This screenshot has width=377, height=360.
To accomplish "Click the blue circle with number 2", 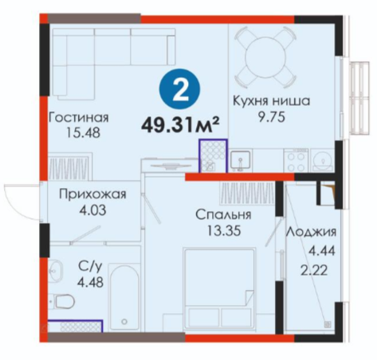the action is [x=179, y=89].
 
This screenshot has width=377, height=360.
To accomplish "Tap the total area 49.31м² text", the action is [x=180, y=125].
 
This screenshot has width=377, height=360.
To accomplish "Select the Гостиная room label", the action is [x=79, y=117].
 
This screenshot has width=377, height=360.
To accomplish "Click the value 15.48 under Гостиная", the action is [x=84, y=133].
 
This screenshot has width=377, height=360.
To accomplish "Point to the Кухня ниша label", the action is [x=272, y=101].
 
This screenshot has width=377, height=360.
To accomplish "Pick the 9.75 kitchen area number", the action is [x=272, y=117].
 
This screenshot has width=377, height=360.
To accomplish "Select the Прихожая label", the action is [x=92, y=194].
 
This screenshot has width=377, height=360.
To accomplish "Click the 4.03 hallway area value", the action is [x=92, y=210].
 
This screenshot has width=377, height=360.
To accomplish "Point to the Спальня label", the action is [x=223, y=214].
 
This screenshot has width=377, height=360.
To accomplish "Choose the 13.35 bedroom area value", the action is [x=224, y=230].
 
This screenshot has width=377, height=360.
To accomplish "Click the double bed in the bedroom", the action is [x=219, y=289].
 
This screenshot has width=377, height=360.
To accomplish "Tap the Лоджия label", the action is [x=311, y=232].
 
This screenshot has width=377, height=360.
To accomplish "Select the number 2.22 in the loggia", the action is [x=314, y=271].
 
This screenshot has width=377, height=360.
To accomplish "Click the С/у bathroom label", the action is [x=90, y=266].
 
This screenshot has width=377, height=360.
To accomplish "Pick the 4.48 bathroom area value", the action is [x=90, y=282].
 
